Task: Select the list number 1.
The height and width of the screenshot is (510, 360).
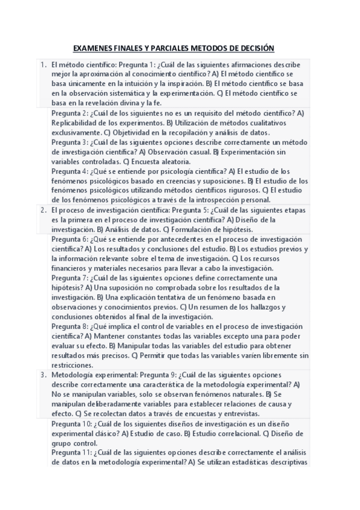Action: (43, 64)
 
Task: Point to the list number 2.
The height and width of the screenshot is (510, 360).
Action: (43, 210)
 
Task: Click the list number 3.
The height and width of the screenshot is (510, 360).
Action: (43, 374)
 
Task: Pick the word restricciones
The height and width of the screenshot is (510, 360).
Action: (72, 366)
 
